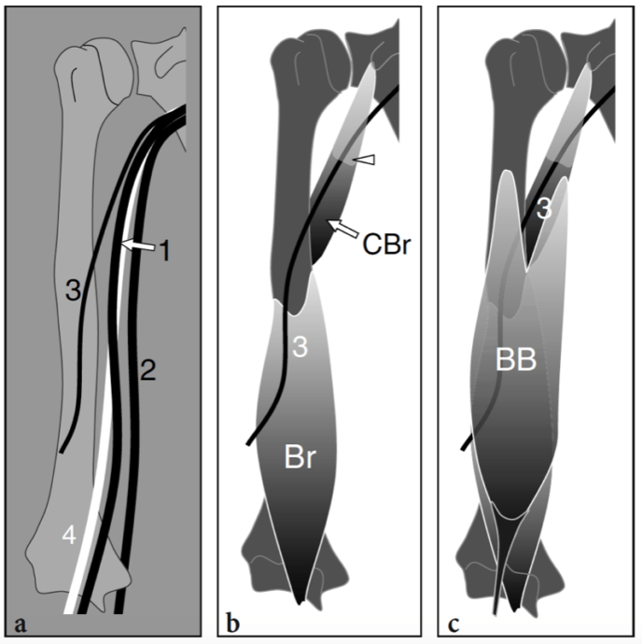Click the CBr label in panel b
click(x=384, y=248)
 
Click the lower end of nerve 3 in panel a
click(x=62, y=452)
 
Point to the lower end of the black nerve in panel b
click(x=248, y=443)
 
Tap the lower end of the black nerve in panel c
click(x=464, y=451)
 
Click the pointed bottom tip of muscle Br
click(x=300, y=600)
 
